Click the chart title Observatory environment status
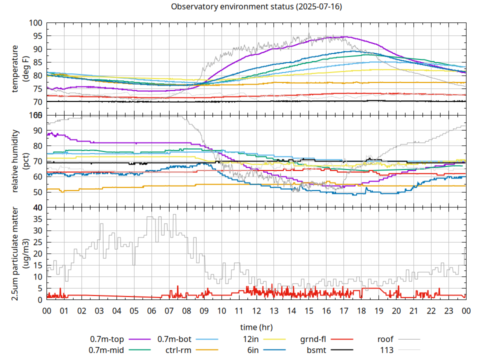pos(256,7)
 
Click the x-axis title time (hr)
pos(256,327)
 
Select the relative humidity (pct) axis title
pos(19,161)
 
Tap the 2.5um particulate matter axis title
pos(19,253)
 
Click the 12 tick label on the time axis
pos(256,310)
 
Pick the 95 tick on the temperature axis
pos(36,36)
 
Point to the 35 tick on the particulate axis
pos(36,219)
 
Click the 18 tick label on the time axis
pos(361,310)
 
